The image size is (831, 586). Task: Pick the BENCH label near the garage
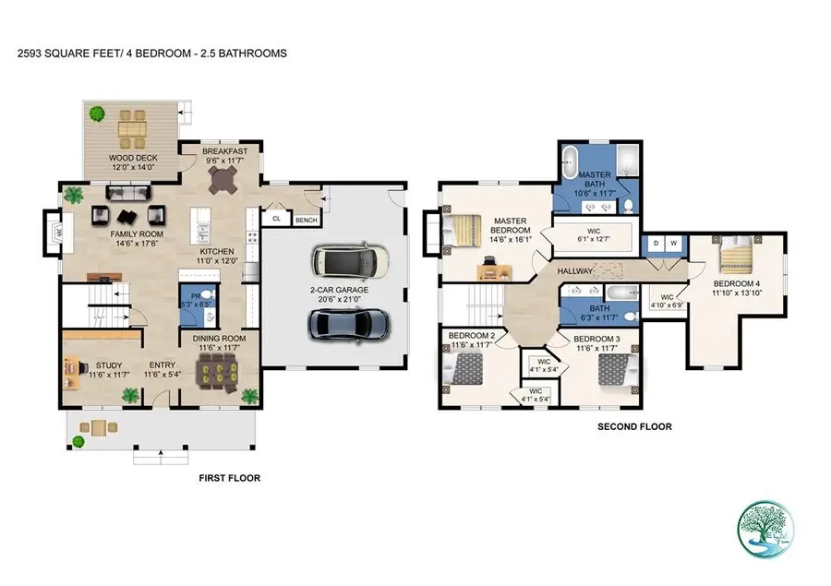(306, 220)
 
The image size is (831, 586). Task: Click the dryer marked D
(656, 243)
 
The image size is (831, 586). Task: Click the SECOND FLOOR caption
(634, 426)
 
